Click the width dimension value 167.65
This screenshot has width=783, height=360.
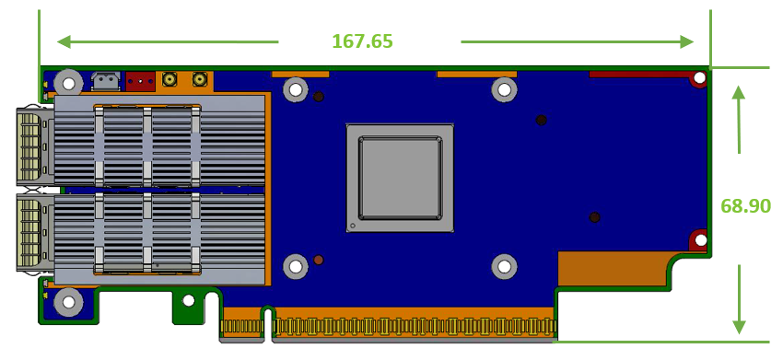tap(362, 41)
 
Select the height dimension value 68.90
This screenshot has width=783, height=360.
tap(745, 206)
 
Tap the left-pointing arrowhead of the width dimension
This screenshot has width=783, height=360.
tap(64, 41)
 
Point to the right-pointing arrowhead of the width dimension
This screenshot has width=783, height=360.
tap(686, 41)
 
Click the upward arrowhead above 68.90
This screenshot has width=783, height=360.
tap(737, 93)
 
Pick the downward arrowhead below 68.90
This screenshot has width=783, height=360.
tap(739, 326)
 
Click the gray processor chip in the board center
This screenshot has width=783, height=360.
tap(400, 178)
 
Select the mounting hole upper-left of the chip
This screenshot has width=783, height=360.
tap(295, 89)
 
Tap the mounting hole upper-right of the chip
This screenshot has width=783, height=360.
tap(504, 89)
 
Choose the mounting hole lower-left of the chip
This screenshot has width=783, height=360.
tap(295, 267)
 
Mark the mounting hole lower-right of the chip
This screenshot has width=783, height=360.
tap(504, 267)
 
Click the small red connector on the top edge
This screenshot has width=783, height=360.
tap(140, 81)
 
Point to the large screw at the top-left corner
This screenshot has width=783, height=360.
tap(68, 82)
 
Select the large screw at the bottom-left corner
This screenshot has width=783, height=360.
tap(68, 301)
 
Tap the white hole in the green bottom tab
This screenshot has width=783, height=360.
tap(189, 300)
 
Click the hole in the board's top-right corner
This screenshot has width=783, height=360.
tap(700, 78)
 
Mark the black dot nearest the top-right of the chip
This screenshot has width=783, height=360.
tap(541, 120)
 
